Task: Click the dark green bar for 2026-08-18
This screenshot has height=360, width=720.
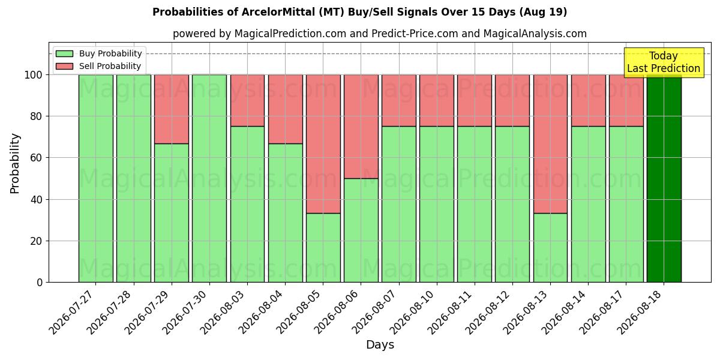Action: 664,178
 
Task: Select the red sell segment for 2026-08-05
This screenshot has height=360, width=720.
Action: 323,144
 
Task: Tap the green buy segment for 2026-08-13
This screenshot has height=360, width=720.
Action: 550,248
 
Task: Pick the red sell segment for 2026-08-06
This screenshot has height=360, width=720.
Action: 361,127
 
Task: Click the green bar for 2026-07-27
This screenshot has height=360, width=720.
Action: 96,178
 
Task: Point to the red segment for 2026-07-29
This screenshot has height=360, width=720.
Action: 172,109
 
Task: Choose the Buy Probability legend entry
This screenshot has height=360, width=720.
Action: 98,53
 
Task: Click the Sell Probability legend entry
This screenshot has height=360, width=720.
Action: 98,66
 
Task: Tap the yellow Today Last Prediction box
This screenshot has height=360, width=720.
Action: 664,62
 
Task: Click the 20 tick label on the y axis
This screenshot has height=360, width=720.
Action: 37,241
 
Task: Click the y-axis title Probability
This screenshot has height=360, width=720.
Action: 15,164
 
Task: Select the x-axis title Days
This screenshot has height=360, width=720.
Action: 380,345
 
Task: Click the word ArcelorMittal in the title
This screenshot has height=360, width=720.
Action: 278,12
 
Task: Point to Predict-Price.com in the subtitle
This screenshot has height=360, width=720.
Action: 415,34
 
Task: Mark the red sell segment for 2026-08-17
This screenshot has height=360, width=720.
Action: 626,101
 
